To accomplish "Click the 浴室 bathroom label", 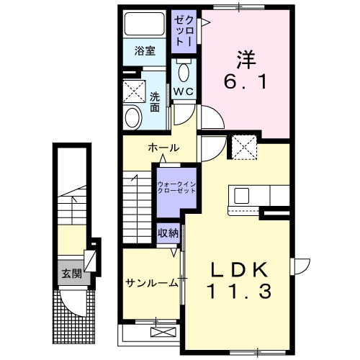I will (x=145, y=50).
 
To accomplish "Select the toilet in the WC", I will (x=184, y=73).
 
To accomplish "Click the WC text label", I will (x=182, y=91).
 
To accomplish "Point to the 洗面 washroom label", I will (x=155, y=102).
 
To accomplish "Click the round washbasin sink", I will (x=133, y=117).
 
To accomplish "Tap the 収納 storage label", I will (x=168, y=233).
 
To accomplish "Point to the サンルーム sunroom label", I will (x=151, y=282).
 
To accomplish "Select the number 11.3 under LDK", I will (x=240, y=292).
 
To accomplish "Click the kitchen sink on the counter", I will (x=239, y=195).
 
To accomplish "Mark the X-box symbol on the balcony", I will (x=164, y=332).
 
